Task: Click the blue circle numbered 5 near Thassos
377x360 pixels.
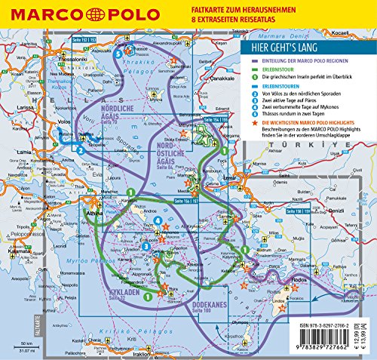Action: point(117,54)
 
